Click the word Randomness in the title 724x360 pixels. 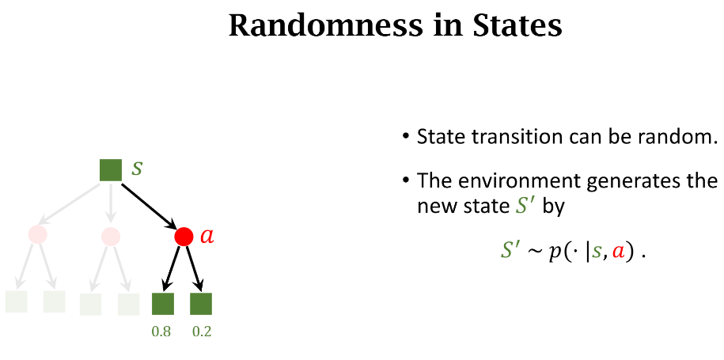click(325, 26)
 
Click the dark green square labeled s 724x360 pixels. click(111, 170)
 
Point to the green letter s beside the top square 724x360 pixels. click(137, 169)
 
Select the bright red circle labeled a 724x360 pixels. click(184, 237)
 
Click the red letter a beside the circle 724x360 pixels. click(207, 237)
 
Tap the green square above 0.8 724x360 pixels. click(163, 303)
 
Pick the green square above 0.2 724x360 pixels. click(201, 303)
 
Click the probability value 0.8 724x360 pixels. click(161, 332)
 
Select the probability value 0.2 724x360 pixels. click(202, 332)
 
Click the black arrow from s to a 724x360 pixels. click(150, 207)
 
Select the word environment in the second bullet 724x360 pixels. click(514, 180)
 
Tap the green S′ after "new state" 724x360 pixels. click(525, 206)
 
